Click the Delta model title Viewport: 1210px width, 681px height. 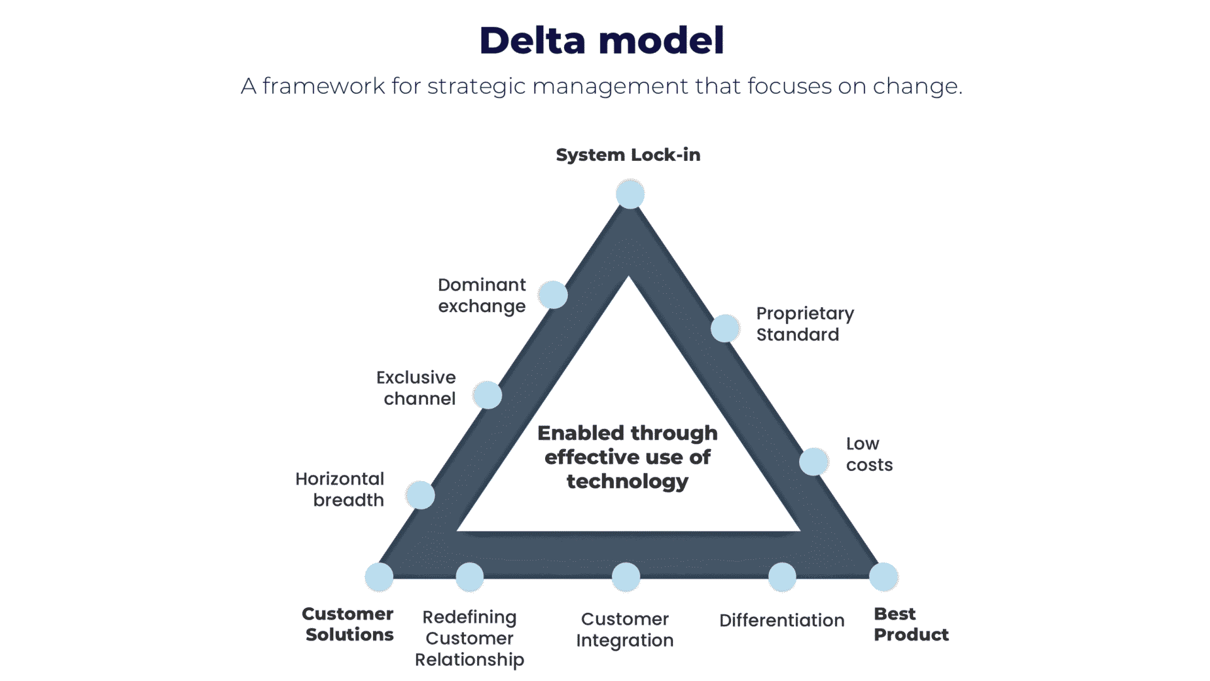click(602, 41)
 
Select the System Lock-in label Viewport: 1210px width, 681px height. click(628, 155)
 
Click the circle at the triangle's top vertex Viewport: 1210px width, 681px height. click(630, 194)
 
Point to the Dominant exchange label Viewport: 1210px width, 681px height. click(481, 295)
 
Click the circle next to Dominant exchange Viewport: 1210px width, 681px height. click(553, 295)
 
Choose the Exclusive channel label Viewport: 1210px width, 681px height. click(417, 388)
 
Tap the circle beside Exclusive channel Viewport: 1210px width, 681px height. click(487, 395)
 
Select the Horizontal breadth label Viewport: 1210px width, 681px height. click(340, 489)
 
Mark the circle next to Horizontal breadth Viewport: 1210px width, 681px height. click(420, 495)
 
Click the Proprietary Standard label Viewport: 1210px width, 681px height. click(804, 323)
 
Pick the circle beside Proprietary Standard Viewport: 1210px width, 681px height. click(725, 329)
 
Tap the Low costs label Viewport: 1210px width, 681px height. click(868, 454)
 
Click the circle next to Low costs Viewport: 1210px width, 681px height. click(814, 462)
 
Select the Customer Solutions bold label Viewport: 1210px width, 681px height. click(349, 624)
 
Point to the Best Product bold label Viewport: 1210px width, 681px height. click(911, 624)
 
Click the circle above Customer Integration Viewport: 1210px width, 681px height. click(626, 577)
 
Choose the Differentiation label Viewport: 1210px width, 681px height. click(781, 620)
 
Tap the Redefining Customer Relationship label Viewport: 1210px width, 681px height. click(470, 638)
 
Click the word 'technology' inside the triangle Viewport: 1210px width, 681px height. click(627, 482)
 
